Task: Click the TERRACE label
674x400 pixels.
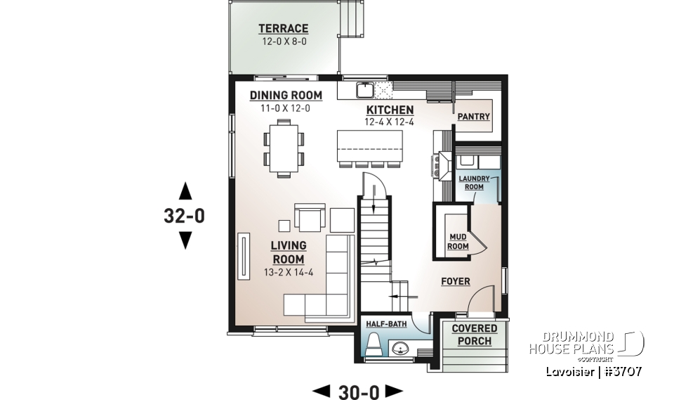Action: tap(283, 29)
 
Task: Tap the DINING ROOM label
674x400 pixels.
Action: tap(286, 96)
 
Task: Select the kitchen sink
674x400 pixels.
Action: tap(365, 90)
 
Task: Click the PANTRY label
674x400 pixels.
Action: tap(474, 117)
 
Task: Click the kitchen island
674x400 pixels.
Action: tap(369, 146)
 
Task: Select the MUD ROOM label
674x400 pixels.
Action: tap(458, 242)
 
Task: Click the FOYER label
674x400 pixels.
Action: tap(455, 282)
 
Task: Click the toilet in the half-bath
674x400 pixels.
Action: tap(374, 345)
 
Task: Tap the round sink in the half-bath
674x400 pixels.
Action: tap(400, 347)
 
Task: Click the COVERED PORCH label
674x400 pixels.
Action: tap(474, 335)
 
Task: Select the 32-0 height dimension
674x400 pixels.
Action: tap(185, 217)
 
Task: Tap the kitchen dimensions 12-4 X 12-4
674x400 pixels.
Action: tap(390, 122)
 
